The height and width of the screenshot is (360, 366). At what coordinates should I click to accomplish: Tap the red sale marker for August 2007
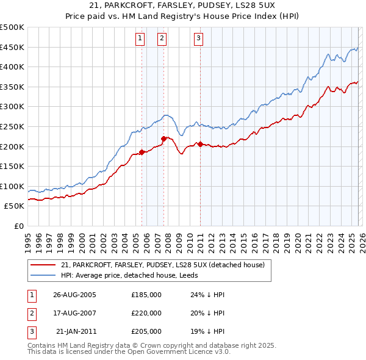(163, 139)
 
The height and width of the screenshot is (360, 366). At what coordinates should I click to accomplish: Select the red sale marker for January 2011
(200, 144)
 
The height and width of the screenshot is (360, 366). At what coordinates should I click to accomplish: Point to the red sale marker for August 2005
(142, 152)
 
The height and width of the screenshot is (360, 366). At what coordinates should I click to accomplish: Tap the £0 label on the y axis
(20, 226)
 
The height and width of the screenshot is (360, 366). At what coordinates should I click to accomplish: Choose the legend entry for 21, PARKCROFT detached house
(162, 265)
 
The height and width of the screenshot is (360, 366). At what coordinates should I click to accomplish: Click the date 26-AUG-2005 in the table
(74, 295)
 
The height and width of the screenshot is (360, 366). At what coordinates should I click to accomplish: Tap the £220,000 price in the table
(146, 313)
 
